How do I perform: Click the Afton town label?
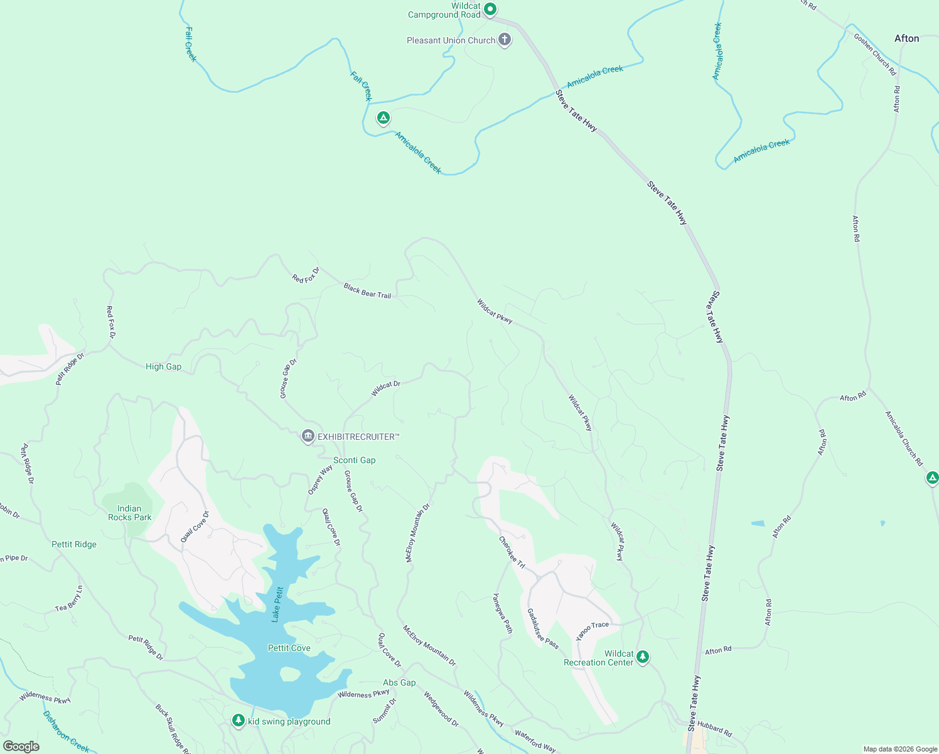[906, 38]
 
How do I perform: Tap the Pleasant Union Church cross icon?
[504, 40]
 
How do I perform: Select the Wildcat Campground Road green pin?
[491, 9]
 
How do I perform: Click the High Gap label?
[163, 366]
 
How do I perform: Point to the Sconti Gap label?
[354, 460]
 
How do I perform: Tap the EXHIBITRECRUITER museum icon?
[308, 436]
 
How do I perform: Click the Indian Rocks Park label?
[129, 513]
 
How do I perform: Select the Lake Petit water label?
[277, 604]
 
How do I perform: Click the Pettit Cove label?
[289, 648]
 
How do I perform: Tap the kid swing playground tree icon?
[238, 720]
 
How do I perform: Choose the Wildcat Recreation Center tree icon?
[642, 657]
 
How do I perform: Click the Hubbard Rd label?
[714, 728]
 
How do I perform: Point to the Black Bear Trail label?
[367, 290]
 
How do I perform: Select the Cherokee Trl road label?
[512, 552]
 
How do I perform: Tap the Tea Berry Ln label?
[69, 599]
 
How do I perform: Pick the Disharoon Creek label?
[66, 731]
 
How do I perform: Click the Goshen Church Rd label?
[874, 55]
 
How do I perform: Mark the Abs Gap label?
[399, 682]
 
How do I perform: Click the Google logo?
[21, 746]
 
